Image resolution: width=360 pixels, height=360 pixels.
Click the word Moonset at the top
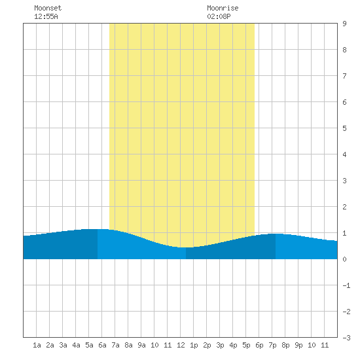[48, 8]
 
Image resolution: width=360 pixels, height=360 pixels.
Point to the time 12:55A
[46, 16]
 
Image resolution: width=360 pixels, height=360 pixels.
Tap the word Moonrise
[223, 8]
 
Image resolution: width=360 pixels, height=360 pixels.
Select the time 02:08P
[219, 16]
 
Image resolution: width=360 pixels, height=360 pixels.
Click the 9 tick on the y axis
[344, 24]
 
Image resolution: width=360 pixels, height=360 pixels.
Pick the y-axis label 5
[344, 128]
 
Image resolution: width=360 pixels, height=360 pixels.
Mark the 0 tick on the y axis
[344, 259]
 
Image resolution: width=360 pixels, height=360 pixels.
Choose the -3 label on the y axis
[346, 338]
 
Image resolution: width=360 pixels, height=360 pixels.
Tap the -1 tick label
[346, 285]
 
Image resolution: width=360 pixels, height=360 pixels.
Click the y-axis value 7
[344, 76]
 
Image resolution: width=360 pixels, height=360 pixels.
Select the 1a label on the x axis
[37, 345]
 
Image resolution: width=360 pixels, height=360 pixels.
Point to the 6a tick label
[102, 345]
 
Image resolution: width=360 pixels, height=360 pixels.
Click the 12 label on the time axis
[181, 345]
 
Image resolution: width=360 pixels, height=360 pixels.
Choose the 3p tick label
[220, 345]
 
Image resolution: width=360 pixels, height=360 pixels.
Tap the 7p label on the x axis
[272, 345]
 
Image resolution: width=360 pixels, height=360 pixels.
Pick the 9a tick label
[141, 345]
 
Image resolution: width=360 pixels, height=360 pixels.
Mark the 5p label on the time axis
[246, 345]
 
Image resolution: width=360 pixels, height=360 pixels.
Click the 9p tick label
[298, 345]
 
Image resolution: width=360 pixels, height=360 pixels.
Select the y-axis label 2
[344, 207]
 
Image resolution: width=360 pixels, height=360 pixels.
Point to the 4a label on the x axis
[76, 345]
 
